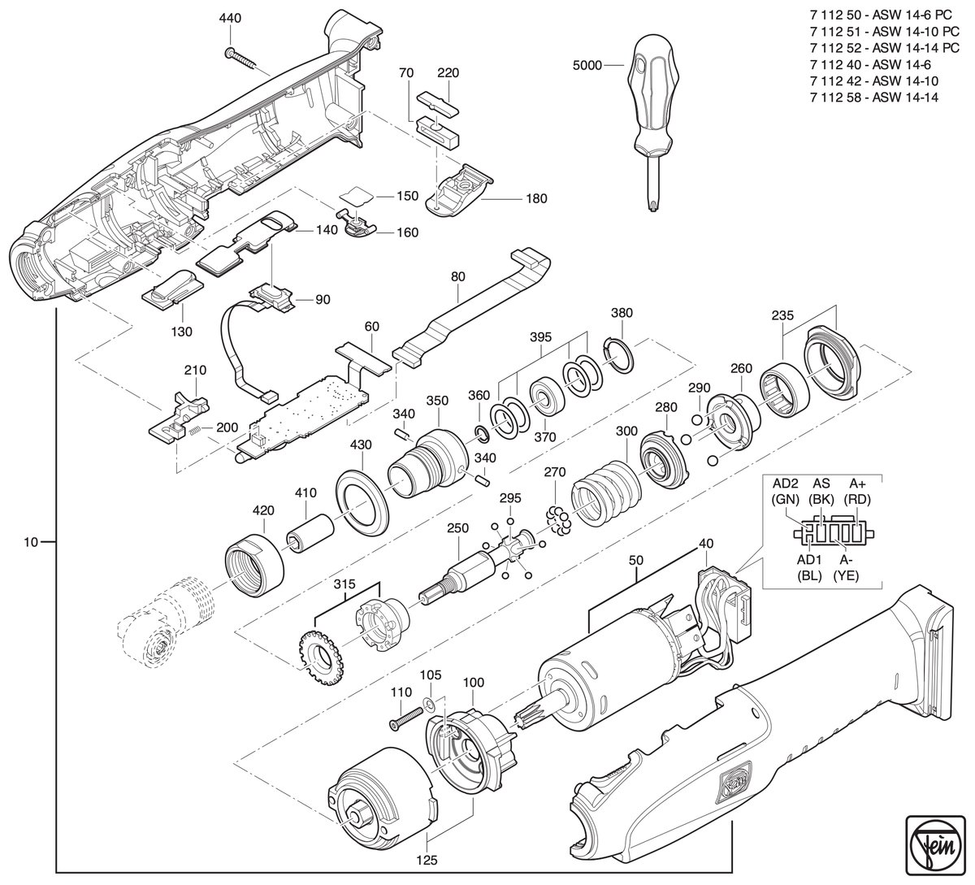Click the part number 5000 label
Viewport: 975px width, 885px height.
(x=587, y=65)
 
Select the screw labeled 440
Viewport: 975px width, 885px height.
(x=240, y=59)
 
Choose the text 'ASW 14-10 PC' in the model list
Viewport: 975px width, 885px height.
(x=916, y=32)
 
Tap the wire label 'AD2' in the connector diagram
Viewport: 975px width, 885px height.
(x=785, y=484)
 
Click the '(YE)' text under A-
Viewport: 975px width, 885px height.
(x=846, y=575)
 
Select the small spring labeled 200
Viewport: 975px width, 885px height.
(x=194, y=431)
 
